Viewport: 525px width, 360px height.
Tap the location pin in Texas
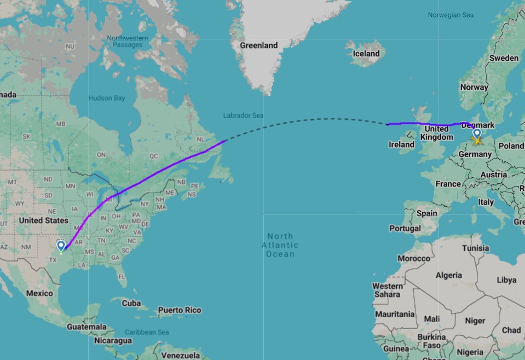point(61,246)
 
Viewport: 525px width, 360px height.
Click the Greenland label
point(258,45)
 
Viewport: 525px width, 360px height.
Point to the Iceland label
point(366,54)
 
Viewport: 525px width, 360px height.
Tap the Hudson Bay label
point(107,98)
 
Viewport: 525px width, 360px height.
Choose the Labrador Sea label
point(243,115)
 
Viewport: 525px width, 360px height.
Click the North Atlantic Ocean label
point(280,245)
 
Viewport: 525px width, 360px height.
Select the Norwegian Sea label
point(451,15)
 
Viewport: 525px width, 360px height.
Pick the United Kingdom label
point(436,133)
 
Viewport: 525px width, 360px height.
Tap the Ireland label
point(401,144)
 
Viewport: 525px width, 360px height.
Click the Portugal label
point(405,228)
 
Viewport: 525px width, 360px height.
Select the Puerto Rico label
point(180,310)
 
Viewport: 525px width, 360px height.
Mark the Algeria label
point(449,275)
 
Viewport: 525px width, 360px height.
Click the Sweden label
point(504,58)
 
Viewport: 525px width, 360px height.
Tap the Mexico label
point(39,293)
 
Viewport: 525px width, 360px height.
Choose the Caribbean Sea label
point(147,332)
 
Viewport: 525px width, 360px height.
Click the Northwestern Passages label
point(128,42)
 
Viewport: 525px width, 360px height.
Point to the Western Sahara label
point(388,290)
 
